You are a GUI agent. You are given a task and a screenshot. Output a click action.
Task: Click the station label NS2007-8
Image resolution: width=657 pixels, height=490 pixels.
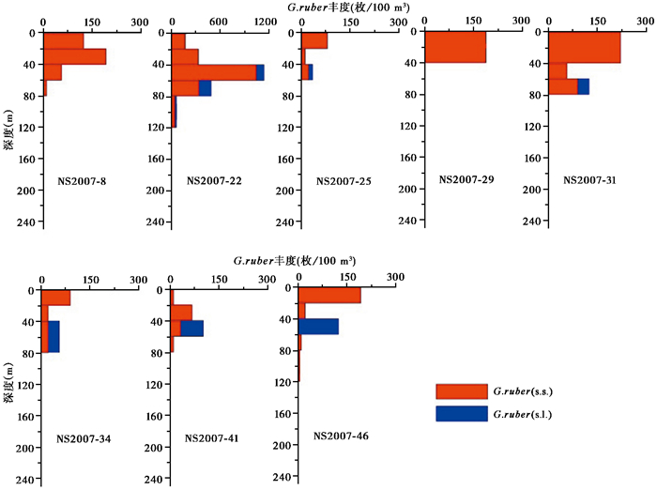(72, 179)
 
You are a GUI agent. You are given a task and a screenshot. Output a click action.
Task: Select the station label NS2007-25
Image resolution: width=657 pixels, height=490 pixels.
(343, 179)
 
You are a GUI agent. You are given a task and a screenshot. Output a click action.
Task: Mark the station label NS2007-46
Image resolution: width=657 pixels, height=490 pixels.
(340, 436)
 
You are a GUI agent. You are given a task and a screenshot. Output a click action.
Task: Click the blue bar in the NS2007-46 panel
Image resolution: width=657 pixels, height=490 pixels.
(318, 326)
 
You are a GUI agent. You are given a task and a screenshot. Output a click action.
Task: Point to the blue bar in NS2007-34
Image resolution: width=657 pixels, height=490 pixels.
(53, 336)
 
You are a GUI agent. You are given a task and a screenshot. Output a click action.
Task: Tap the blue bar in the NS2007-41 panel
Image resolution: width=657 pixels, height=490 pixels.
(191, 328)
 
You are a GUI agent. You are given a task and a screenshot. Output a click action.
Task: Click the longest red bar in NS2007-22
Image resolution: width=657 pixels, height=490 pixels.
(214, 72)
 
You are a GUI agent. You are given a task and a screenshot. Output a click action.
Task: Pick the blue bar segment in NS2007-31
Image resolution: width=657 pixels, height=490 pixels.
(583, 86)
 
